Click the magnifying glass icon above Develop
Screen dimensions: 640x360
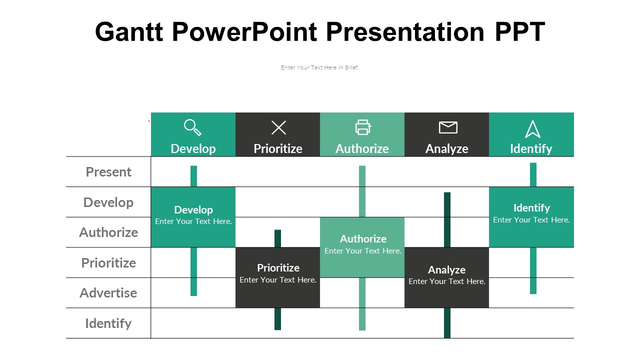(193, 127)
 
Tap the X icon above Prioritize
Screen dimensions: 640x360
(278, 127)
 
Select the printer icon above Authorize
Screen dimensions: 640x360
(363, 127)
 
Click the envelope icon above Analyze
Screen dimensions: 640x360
(448, 127)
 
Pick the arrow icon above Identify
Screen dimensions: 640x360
(532, 129)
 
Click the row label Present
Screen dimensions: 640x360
(108, 172)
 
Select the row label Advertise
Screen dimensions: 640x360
(108, 293)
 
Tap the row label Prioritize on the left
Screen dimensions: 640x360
(108, 263)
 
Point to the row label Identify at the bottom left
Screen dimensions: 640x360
(108, 323)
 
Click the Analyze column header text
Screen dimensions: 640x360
(447, 149)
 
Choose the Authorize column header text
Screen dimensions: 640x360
(362, 149)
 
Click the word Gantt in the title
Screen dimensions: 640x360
(129, 31)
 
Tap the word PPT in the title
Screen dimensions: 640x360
(520, 31)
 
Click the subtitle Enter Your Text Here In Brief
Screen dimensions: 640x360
(319, 67)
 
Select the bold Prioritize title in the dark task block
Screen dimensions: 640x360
(278, 268)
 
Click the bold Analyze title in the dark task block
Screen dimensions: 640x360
(447, 269)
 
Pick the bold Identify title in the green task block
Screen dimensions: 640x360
(531, 208)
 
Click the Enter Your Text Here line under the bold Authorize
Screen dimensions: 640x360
(363, 251)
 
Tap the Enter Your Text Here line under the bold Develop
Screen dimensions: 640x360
(193, 221)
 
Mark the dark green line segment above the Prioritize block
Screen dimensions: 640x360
(277, 238)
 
